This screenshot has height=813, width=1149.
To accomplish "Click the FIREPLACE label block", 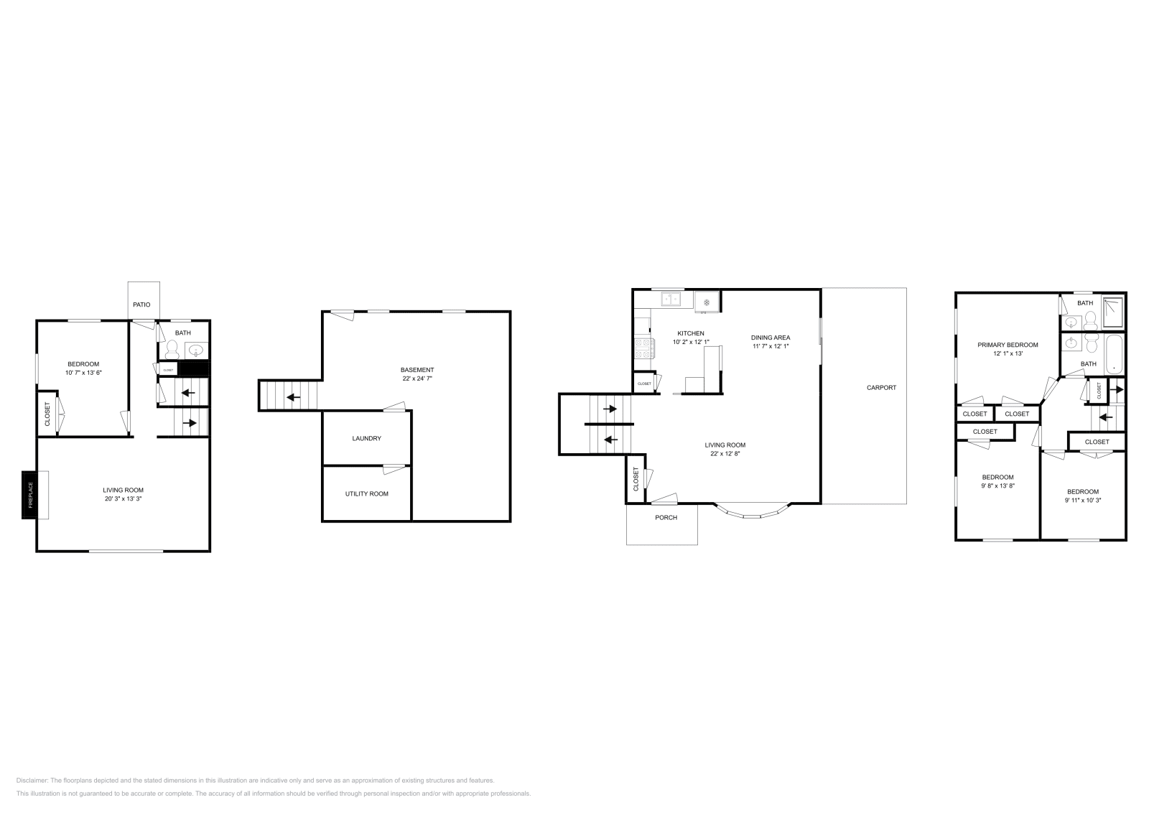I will point(29,495).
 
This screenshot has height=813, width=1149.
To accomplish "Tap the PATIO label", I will point(141,305).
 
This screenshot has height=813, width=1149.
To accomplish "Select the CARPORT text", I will point(881,388).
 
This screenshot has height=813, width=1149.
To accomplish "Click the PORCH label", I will point(666,517).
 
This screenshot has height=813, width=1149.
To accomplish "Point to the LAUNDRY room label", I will point(366,438).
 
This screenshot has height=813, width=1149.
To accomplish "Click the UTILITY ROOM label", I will point(366,493).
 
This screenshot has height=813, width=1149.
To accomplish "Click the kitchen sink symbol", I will point(672,298).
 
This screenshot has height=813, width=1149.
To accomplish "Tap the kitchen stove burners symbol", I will point(643,348).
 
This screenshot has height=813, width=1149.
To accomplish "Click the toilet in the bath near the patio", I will point(172,349).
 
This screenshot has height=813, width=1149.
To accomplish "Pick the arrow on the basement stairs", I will point(293,396).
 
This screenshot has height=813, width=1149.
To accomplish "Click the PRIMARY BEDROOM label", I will point(1007,345).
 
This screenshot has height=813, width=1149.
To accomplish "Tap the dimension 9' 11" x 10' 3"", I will point(1082,500).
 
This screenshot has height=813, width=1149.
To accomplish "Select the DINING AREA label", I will point(771,338).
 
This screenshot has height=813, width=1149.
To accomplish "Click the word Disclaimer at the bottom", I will point(32,780).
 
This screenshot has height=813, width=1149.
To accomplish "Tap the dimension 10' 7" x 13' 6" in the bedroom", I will point(83,373).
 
